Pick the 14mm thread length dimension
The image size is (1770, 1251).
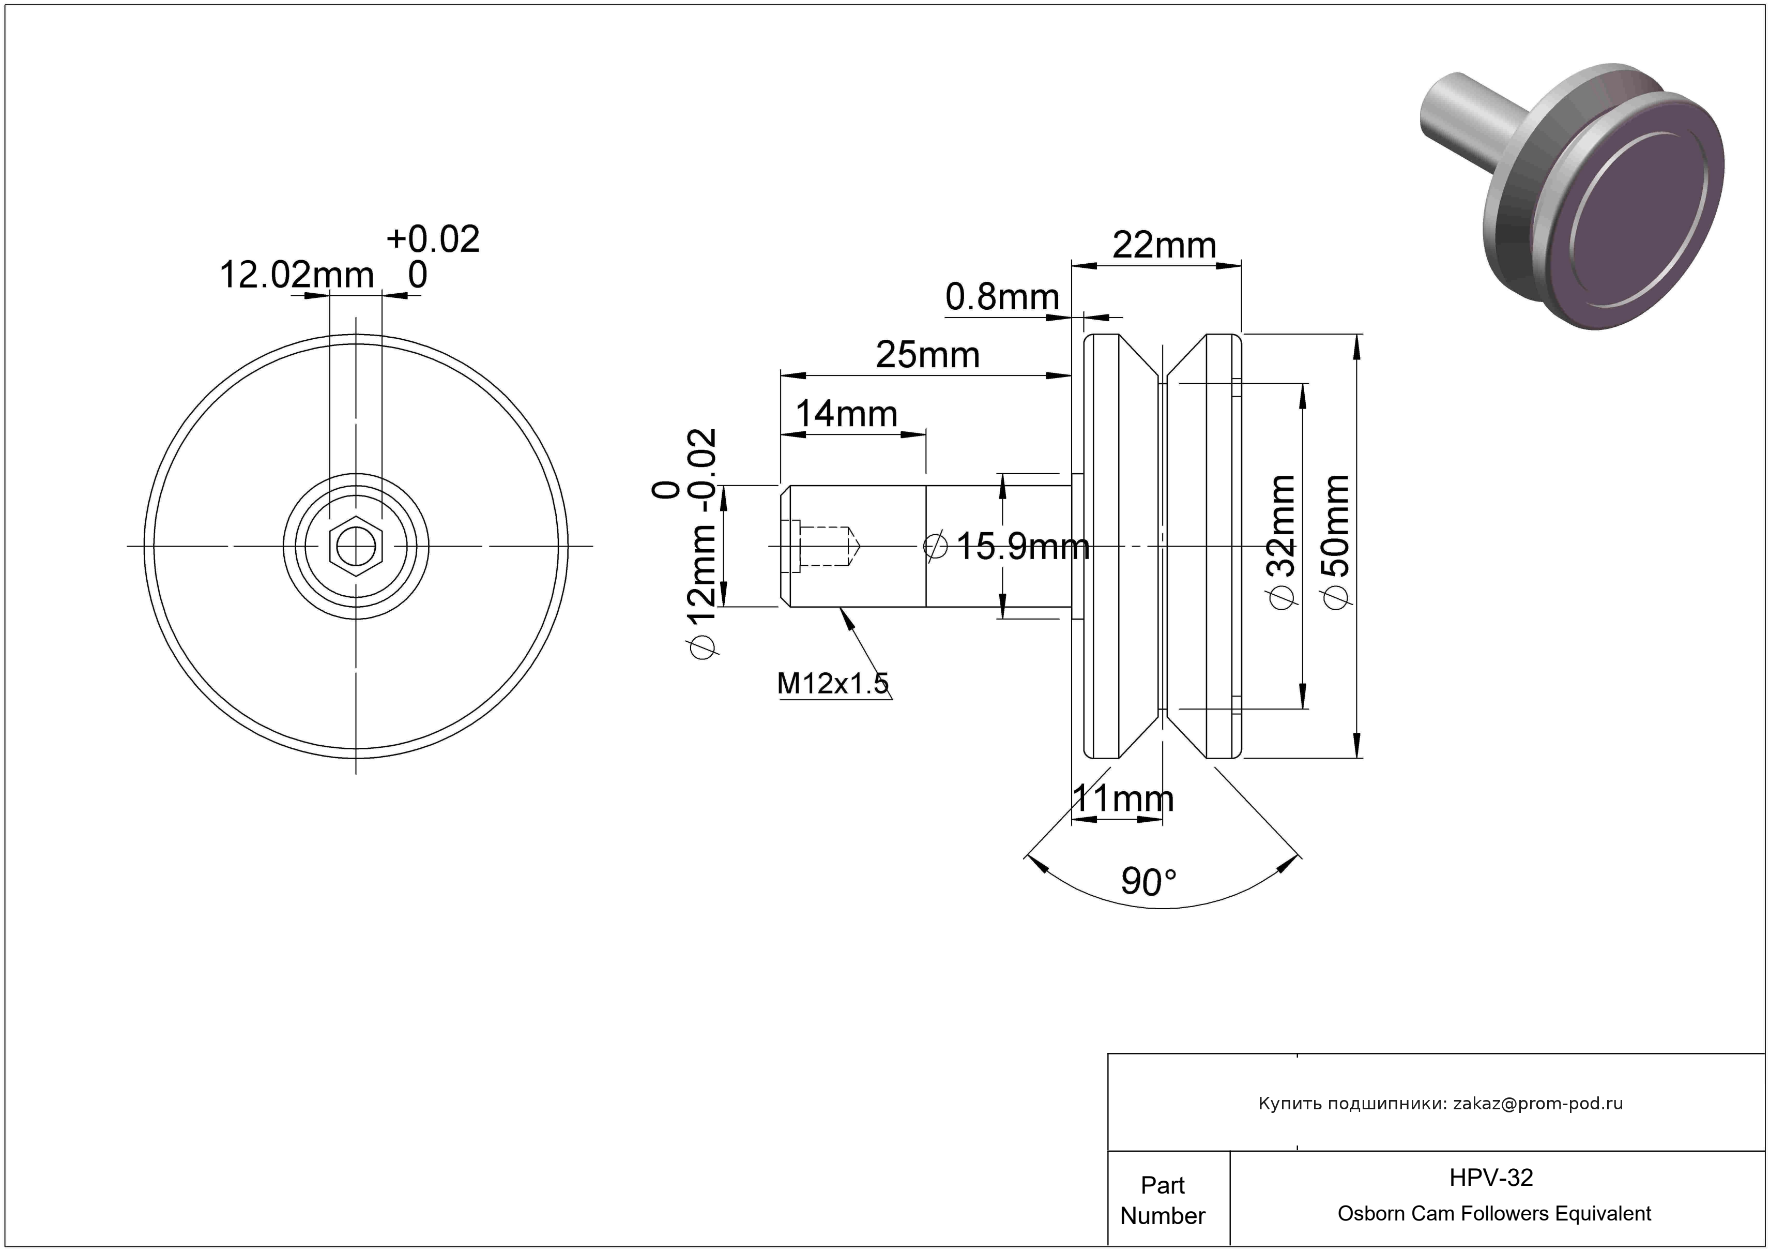(x=846, y=414)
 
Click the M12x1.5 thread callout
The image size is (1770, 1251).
(x=833, y=683)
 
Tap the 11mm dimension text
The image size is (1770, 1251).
(x=1123, y=799)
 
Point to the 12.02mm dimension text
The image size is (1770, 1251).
(x=297, y=275)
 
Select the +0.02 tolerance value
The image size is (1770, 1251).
(x=433, y=239)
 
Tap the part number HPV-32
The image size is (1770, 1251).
(x=1491, y=1178)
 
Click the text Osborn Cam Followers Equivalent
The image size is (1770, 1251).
(x=1494, y=1214)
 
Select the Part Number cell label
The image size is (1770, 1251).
(x=1163, y=1200)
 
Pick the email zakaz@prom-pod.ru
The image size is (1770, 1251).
(x=1537, y=1104)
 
